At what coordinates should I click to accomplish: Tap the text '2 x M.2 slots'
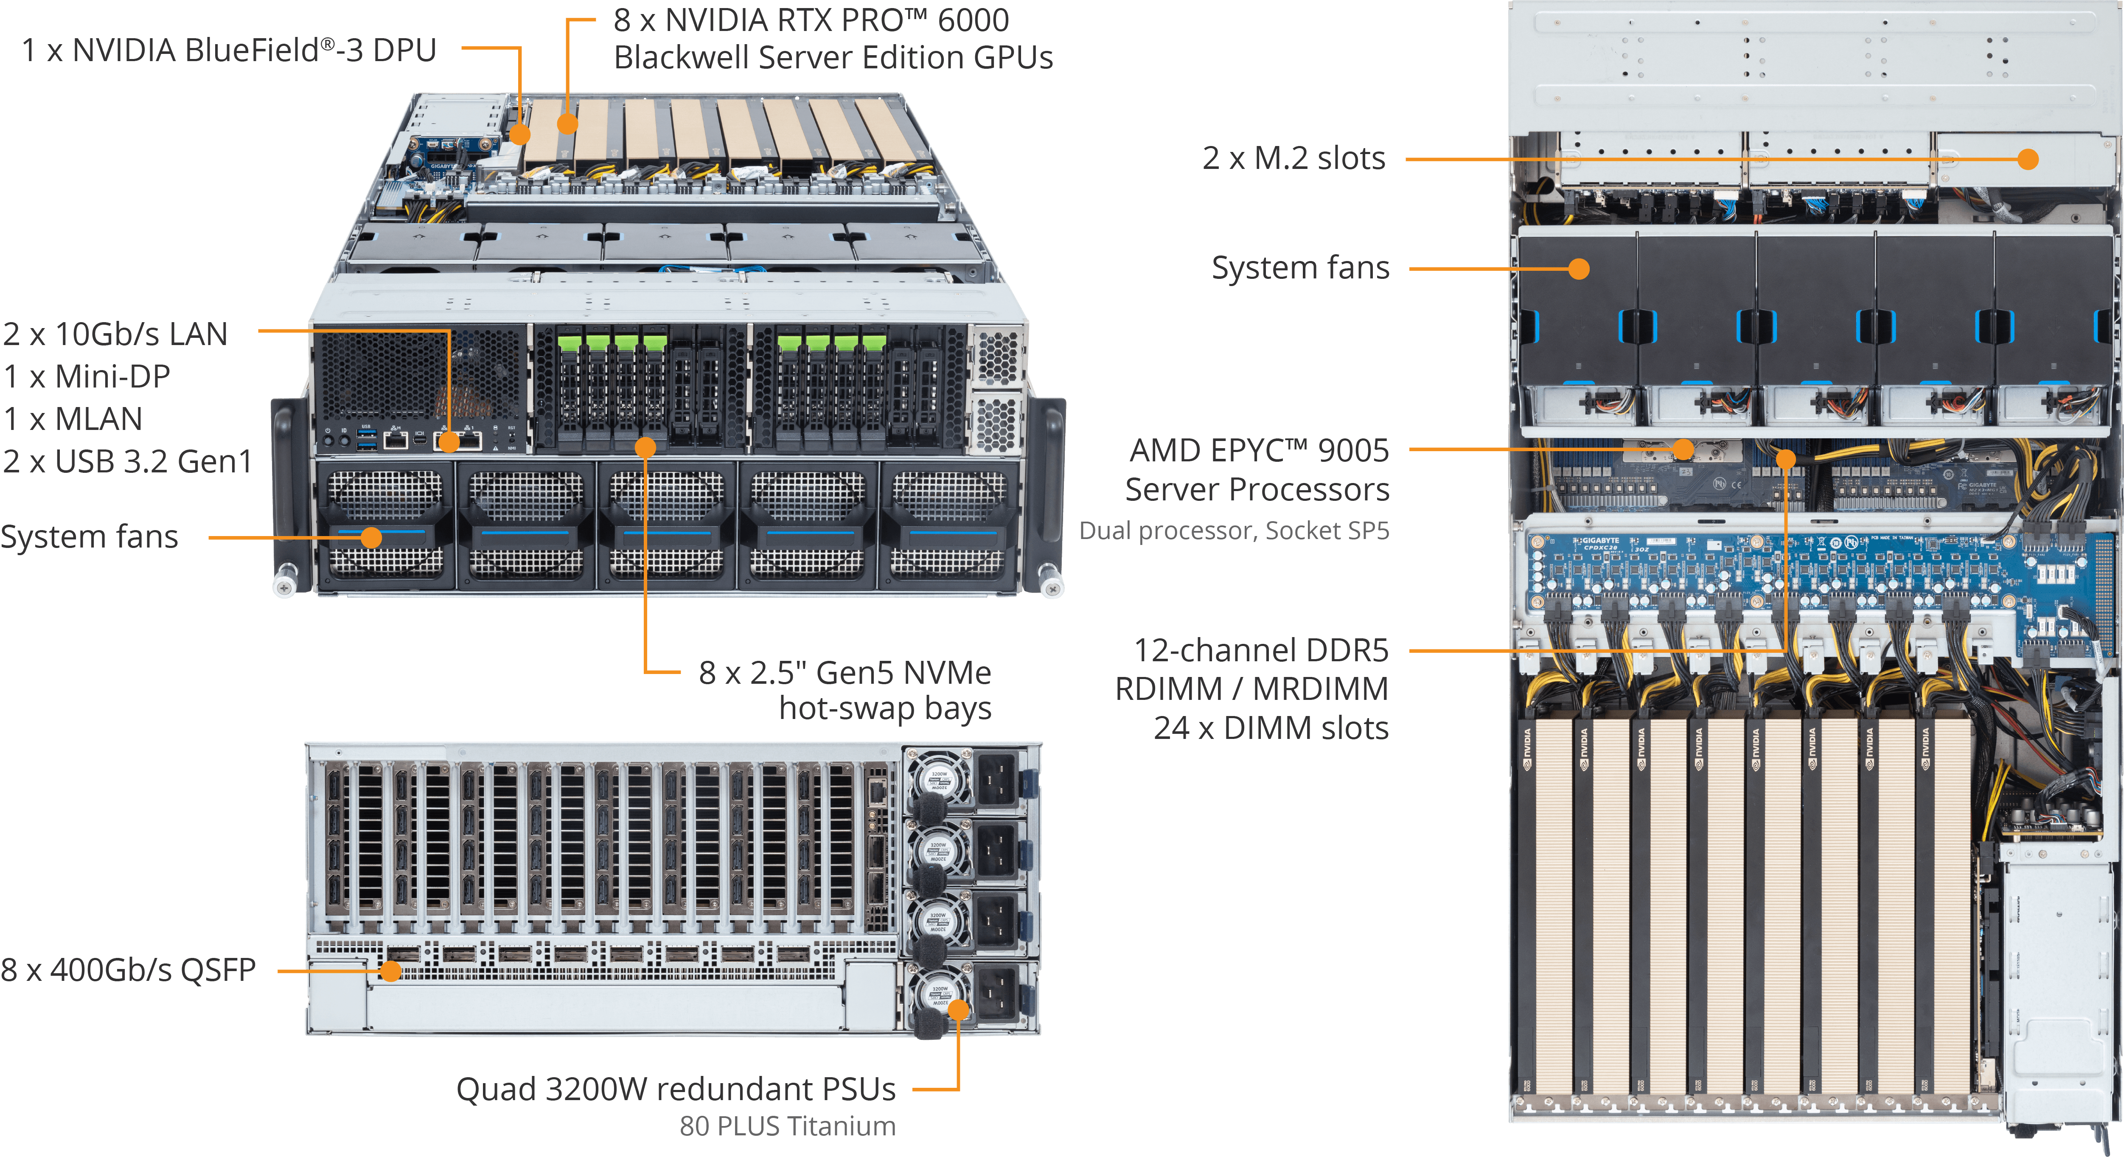[x=1293, y=158]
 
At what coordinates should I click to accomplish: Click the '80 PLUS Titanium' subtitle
[x=788, y=1126]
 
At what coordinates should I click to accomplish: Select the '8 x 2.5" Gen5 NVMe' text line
[x=845, y=673]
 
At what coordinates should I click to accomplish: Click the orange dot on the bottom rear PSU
[x=958, y=1010]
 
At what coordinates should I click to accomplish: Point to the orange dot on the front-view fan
[x=372, y=538]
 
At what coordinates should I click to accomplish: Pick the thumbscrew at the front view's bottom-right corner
[x=1051, y=580]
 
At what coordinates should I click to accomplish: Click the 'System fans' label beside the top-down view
[x=1300, y=268]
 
